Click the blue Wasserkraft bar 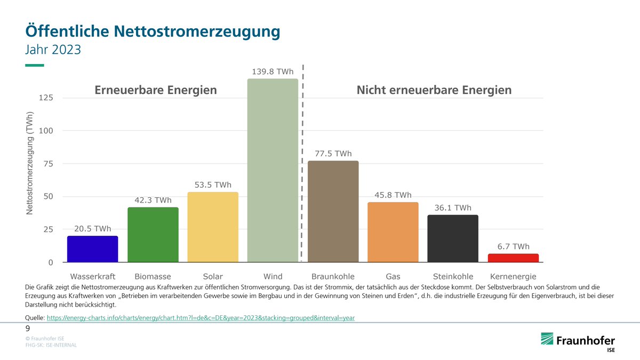92,249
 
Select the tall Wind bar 273,171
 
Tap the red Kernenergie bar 513,258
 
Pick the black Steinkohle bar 453,238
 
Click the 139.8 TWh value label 273,71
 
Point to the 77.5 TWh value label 333,154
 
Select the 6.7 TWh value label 513,246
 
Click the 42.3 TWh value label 153,201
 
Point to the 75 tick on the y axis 49,164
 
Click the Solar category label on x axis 212,277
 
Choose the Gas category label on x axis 393,277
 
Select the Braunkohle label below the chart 333,277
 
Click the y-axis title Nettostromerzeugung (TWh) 30,164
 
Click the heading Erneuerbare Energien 156,90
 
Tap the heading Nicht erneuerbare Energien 434,90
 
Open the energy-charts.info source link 201,317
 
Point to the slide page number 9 28,329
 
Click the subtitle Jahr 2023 53,50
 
